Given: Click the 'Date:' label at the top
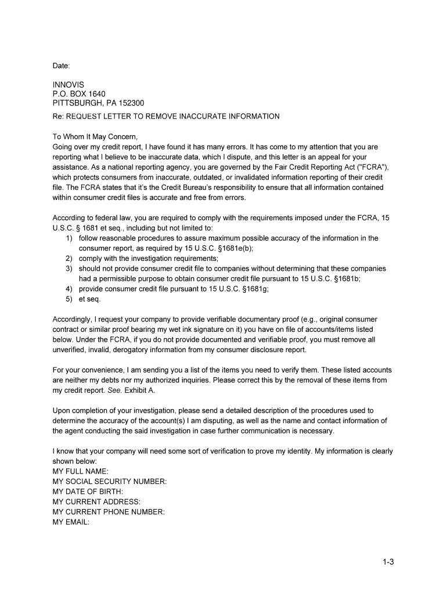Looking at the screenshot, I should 61,66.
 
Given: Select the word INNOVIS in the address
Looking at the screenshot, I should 68,85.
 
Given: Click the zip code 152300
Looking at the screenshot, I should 132,103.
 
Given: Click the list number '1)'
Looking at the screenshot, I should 69,238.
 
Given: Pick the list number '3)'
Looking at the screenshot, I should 69,269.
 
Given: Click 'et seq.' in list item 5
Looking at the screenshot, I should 90,299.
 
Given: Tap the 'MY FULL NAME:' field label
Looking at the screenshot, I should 80,471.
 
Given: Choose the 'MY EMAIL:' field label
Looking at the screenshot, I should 71,522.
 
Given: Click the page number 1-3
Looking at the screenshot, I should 388,562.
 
